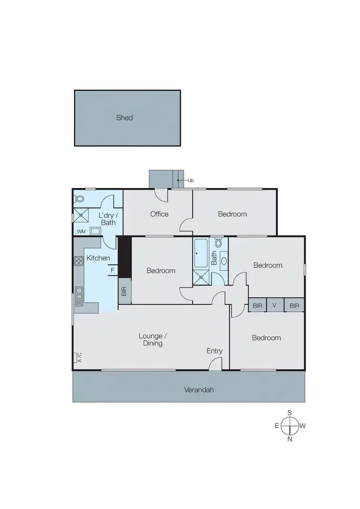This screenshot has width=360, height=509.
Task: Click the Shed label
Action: click(124, 118)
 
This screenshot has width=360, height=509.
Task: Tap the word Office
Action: click(159, 214)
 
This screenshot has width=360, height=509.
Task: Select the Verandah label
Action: click(199, 390)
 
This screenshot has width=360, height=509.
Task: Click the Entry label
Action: click(215, 351)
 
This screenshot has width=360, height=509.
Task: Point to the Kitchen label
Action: click(98, 259)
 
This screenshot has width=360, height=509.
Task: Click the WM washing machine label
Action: click(81, 231)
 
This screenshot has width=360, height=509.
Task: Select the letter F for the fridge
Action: click(112, 270)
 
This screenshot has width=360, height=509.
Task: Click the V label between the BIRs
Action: click(275, 305)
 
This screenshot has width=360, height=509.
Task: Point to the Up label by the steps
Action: click(190, 180)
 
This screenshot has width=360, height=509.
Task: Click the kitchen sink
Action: click(79, 293)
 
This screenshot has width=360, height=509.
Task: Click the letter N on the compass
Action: click(290, 438)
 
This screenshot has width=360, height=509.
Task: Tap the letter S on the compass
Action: click(290, 413)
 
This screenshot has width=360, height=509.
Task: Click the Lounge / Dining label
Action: click(150, 340)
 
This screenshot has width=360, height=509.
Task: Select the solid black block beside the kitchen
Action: click(124, 257)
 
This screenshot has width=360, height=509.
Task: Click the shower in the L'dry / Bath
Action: click(82, 216)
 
